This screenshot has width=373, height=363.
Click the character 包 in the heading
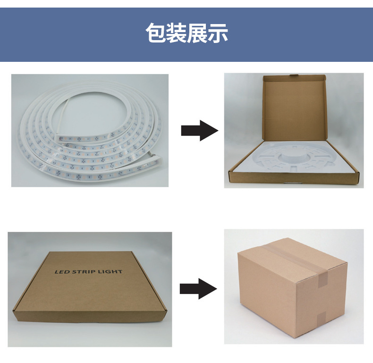(x=156, y=33)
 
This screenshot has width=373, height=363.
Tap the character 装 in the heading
(x=176, y=33)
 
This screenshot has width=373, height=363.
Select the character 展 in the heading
(x=197, y=33)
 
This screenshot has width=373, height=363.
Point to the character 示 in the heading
(x=218, y=33)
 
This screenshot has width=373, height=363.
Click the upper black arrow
(x=200, y=131)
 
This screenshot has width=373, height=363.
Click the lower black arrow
(x=198, y=288)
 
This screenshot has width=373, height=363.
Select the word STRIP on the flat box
(x=84, y=271)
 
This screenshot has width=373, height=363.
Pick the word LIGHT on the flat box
(x=110, y=271)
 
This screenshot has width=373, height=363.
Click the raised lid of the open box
(x=295, y=108)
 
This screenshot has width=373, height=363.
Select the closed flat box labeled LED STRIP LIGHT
(x=90, y=287)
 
